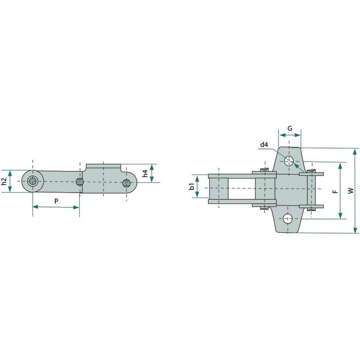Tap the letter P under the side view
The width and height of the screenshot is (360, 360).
56,201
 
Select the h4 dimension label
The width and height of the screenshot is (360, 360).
145,173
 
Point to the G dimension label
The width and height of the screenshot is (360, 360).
290,128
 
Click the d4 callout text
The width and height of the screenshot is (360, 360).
264,144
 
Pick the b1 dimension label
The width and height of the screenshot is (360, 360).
191,186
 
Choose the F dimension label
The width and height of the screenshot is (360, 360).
335,191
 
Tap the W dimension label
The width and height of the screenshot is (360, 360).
351,190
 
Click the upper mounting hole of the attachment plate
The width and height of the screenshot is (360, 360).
289,161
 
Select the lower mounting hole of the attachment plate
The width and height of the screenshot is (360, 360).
288,218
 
